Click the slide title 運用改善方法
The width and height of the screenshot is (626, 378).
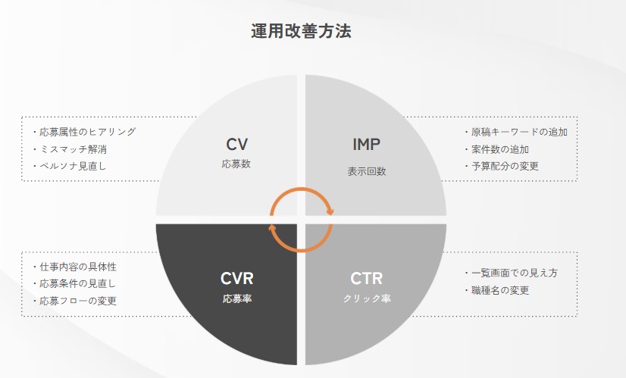301,31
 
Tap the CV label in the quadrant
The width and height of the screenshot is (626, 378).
237,144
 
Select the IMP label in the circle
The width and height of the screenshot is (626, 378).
366,144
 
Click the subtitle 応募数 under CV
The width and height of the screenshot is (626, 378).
237,162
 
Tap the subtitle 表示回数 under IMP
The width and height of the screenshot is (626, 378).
366,170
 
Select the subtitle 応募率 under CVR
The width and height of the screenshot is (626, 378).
236,298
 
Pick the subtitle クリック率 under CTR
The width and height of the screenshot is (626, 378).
366,298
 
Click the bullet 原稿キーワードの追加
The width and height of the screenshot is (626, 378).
518,132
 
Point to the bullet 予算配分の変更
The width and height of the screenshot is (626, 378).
503,166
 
